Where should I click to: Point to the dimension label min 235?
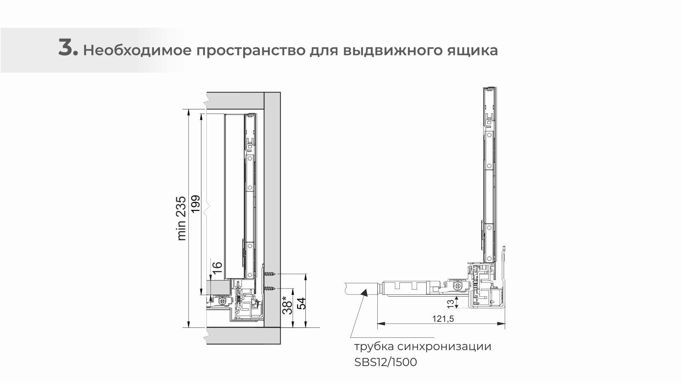click(181, 218)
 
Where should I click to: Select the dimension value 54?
click(301, 304)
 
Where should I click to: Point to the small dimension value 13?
click(450, 303)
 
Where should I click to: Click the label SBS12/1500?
click(385, 362)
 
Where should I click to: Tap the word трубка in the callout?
click(373, 347)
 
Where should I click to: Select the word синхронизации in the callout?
click(444, 347)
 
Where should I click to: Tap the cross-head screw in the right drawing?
click(458, 285)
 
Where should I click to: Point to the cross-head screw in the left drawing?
click(223, 301)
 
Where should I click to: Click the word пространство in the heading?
click(250, 51)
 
